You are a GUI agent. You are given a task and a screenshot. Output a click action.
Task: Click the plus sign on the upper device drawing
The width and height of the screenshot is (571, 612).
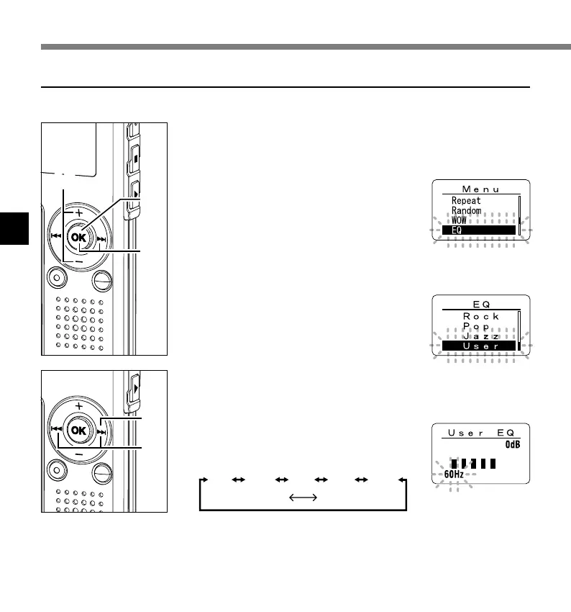[x=78, y=212]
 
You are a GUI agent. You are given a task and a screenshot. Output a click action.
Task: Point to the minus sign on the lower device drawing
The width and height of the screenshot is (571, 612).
[x=78, y=454]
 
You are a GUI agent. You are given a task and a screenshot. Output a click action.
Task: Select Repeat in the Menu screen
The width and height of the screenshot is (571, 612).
[x=466, y=201]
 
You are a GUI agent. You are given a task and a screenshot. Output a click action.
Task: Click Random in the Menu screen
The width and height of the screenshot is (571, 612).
[x=466, y=211]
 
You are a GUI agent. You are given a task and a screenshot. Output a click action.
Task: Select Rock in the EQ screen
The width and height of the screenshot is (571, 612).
[x=480, y=316]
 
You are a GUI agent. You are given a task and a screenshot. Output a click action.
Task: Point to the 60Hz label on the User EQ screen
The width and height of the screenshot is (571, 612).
[x=454, y=473]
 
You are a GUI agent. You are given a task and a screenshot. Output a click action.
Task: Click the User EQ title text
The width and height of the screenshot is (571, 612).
[x=480, y=433]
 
